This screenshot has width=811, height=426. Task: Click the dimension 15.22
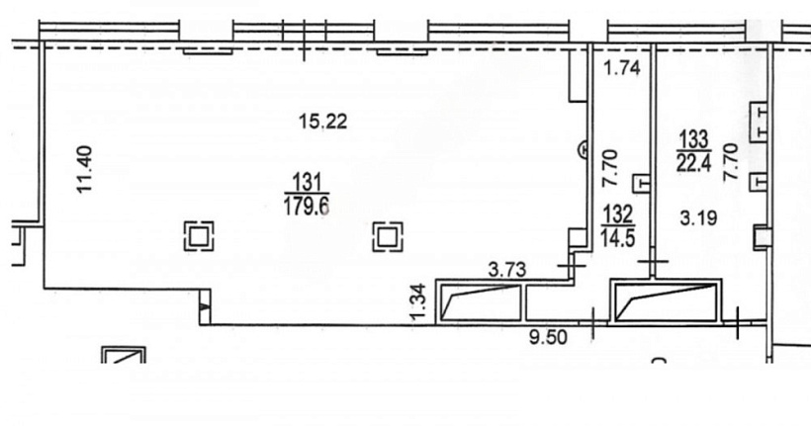click(x=323, y=122)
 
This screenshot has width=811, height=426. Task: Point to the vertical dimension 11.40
click(x=84, y=170)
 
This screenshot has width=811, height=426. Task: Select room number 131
click(x=307, y=183)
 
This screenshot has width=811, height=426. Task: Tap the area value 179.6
click(x=307, y=206)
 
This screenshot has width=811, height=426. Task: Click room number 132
click(x=617, y=213)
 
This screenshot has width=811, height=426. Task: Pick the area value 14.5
click(x=617, y=238)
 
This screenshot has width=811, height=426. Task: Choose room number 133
click(x=693, y=139)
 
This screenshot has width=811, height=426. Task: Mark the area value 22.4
click(x=693, y=163)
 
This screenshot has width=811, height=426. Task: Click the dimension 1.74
click(x=622, y=68)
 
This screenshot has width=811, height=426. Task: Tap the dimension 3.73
click(x=507, y=270)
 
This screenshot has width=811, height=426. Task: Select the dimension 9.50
click(x=548, y=338)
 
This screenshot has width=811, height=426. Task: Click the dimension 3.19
click(x=698, y=218)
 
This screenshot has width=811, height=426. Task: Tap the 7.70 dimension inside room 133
click(x=730, y=162)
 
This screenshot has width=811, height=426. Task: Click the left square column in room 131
click(x=199, y=236)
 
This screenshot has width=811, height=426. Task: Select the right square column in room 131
click(x=388, y=237)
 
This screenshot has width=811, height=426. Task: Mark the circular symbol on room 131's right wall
click(x=584, y=150)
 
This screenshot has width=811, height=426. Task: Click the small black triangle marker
click(x=205, y=306)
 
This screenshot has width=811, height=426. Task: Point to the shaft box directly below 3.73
click(x=480, y=302)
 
